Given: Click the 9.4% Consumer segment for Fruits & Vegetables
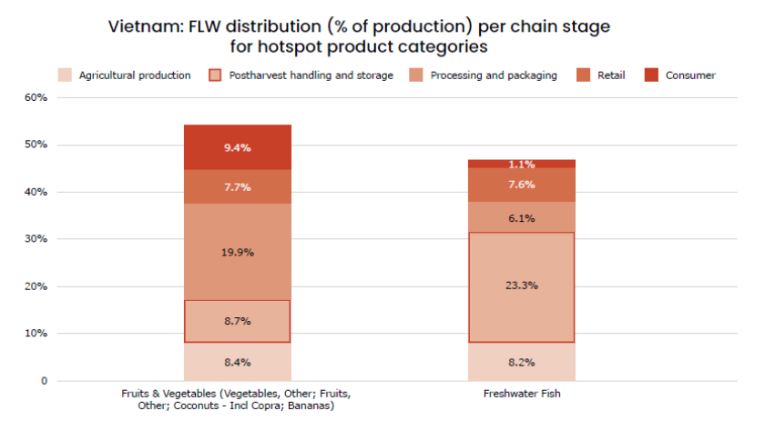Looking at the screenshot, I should click(237, 147).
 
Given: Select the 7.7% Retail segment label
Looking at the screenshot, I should click(237, 185).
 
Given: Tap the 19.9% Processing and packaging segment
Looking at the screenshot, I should click(237, 252).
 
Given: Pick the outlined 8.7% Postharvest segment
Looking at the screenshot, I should click(237, 321).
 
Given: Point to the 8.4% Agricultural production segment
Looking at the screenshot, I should click(237, 362).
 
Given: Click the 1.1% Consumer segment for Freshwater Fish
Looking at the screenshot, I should click(522, 165).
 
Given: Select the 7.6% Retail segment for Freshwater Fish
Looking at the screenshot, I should click(522, 185).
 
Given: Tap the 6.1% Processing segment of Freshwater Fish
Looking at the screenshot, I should click(522, 218).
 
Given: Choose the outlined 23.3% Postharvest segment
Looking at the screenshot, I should click(522, 286).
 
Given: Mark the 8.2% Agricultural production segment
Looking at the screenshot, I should click(522, 362).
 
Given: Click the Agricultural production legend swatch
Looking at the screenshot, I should click(65, 75).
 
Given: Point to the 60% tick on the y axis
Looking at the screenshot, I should click(35, 97).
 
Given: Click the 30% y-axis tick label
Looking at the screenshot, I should click(35, 239).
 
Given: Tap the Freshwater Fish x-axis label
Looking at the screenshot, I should click(522, 394).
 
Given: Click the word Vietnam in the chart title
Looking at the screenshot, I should click(141, 26).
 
